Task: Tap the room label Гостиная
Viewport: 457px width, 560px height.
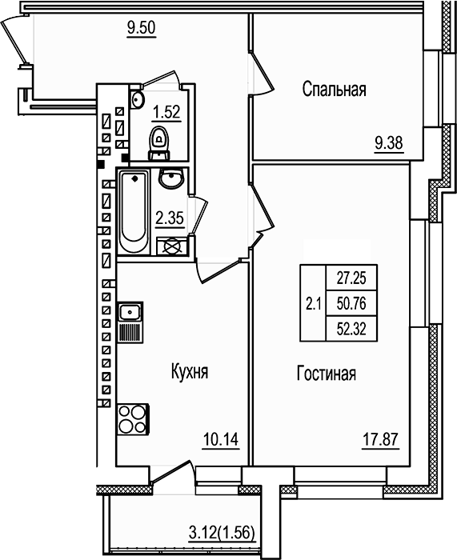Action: click(x=326, y=374)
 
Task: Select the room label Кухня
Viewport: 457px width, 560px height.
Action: click(x=190, y=372)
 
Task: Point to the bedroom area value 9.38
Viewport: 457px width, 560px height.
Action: click(x=389, y=144)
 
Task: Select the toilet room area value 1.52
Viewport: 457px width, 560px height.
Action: click(x=166, y=112)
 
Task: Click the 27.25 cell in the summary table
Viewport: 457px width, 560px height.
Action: click(x=351, y=280)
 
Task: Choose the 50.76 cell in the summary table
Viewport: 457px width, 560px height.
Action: click(x=351, y=303)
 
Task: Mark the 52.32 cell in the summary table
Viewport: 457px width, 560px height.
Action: click(x=351, y=327)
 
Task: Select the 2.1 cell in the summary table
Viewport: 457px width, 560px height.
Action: click(x=313, y=303)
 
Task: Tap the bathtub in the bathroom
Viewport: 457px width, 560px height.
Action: click(x=133, y=211)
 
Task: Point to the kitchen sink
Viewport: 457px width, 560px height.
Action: click(x=130, y=312)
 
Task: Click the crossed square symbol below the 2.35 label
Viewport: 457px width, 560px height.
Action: click(x=170, y=247)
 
